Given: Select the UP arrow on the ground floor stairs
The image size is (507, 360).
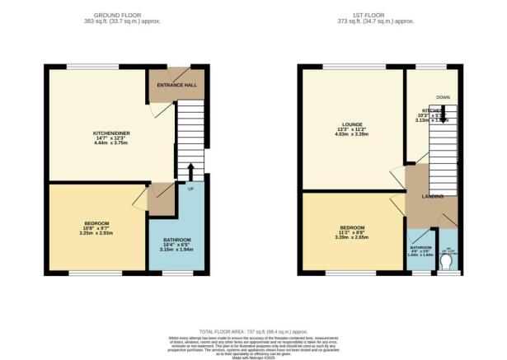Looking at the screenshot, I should [191, 171].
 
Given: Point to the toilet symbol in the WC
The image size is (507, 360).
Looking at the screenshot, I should [446, 262].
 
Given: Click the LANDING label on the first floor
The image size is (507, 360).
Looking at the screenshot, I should [434, 196].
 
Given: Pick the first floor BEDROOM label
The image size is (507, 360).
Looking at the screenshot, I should [353, 227].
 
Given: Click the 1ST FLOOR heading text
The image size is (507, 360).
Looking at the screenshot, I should [382, 15].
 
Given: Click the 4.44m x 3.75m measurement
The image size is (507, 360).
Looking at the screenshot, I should [110, 143].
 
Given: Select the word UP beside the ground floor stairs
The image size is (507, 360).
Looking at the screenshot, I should [192, 189].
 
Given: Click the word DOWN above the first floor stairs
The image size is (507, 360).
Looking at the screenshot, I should [442, 96].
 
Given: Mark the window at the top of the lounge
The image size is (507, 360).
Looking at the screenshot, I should [351, 66].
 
